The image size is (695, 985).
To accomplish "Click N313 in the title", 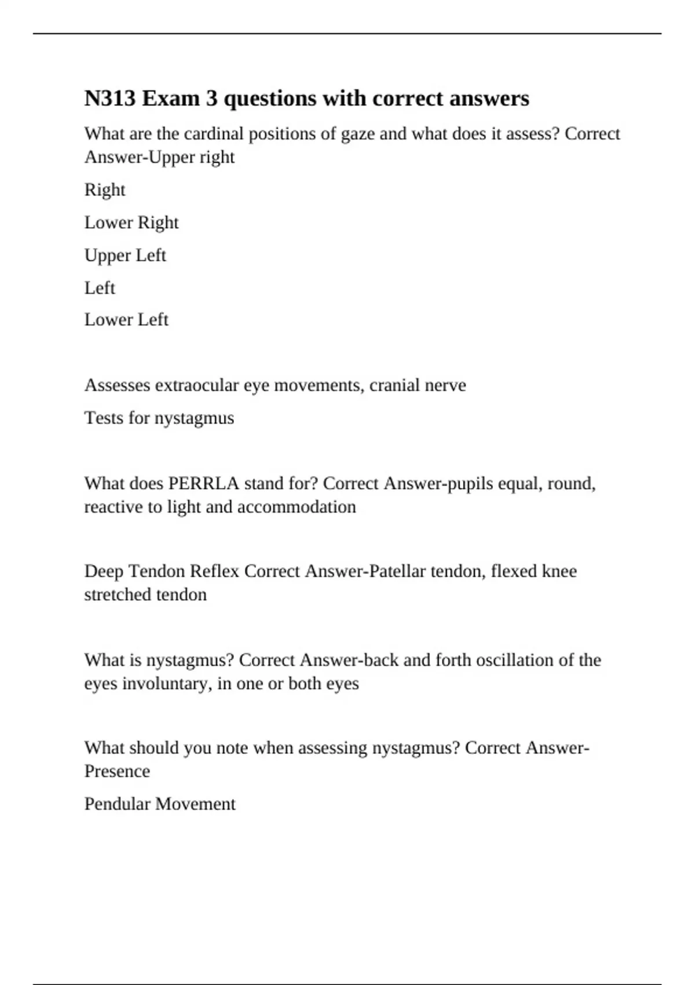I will [x=110, y=99].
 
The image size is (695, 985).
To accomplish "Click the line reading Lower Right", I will [x=131, y=222].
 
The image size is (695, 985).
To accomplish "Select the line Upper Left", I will [x=125, y=256].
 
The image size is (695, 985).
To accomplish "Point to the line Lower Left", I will [x=126, y=319].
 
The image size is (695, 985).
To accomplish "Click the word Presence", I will [x=117, y=771].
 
